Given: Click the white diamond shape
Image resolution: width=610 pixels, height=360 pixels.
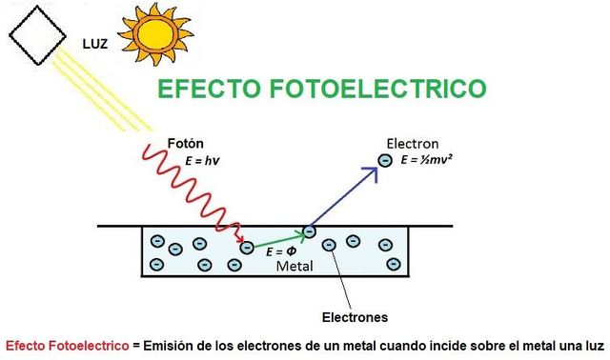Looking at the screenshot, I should pyautogui.click(x=38, y=33).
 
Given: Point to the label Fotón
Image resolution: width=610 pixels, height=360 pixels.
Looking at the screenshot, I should pyautogui.click(x=187, y=143).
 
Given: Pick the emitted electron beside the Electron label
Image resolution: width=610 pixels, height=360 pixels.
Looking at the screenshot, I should pyautogui.click(x=385, y=161).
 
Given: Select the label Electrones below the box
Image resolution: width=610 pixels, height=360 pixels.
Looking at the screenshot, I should pyautogui.click(x=354, y=316).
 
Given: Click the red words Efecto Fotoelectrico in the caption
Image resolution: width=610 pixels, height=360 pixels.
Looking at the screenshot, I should pyautogui.click(x=65, y=345).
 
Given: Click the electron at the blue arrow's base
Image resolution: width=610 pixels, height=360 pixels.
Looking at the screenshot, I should pyautogui.click(x=309, y=231).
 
